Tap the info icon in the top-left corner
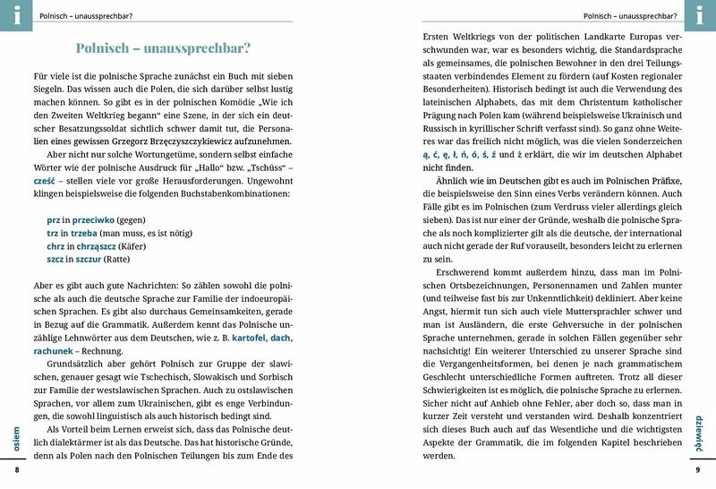pos(13,13)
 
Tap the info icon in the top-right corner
pos(702,13)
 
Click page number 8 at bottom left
pos(16,470)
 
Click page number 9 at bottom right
pos(698,470)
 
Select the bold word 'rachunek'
pos(55,352)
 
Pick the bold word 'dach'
pos(281,339)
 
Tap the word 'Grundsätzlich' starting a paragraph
pos(77,366)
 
